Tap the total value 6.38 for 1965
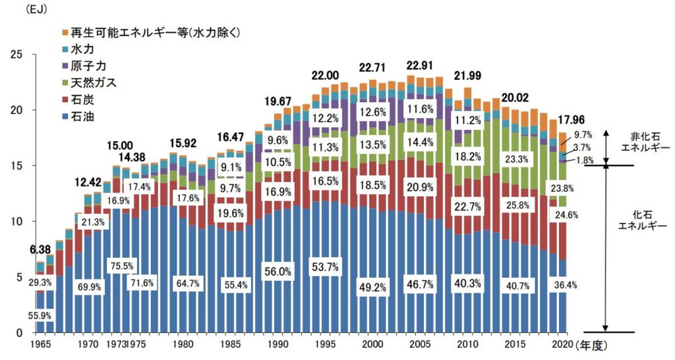40,250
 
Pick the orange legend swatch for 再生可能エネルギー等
64,33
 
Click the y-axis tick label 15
18,165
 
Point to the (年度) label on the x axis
594,344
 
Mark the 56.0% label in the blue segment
278,271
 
